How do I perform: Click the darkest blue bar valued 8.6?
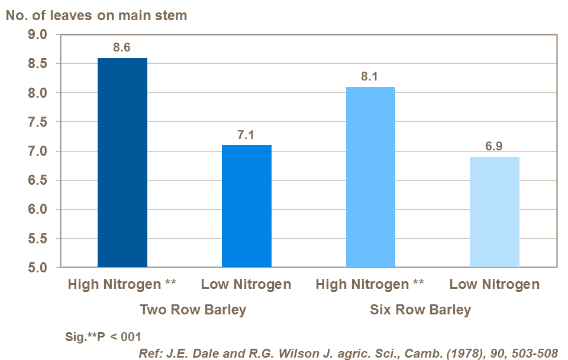click(x=122, y=163)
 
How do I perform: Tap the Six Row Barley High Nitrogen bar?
click(x=370, y=177)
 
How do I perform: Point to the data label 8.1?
click(x=370, y=77)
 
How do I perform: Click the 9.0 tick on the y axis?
click(x=37, y=35)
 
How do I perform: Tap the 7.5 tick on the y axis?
click(x=37, y=123)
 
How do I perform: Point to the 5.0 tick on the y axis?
click(x=37, y=268)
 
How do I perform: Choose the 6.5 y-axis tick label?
click(x=37, y=181)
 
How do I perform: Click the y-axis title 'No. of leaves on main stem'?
click(x=96, y=15)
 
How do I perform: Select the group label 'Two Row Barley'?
click(x=193, y=310)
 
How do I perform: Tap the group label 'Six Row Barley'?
click(x=421, y=310)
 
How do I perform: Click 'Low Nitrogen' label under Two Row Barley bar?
click(x=246, y=285)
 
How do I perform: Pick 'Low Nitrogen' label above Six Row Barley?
click(x=494, y=285)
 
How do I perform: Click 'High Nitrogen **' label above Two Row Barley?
click(x=122, y=285)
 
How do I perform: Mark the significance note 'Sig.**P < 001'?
click(x=104, y=337)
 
